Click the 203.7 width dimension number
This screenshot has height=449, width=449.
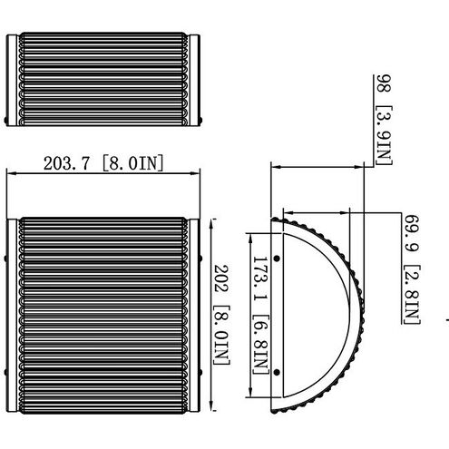tap(67, 163)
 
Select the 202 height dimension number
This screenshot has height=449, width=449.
tap(221, 278)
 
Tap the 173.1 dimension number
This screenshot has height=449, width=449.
tap(259, 278)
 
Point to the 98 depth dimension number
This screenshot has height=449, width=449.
tap(384, 83)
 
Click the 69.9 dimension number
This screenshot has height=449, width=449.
tap(412, 233)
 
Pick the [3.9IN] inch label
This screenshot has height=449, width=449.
tap(384, 135)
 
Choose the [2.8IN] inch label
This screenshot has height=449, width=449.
tap(412, 295)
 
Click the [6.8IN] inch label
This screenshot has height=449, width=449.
tap(260, 345)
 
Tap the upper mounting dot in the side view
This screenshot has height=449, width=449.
tap(277, 259)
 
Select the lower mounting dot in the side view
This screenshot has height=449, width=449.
tap(277, 373)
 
